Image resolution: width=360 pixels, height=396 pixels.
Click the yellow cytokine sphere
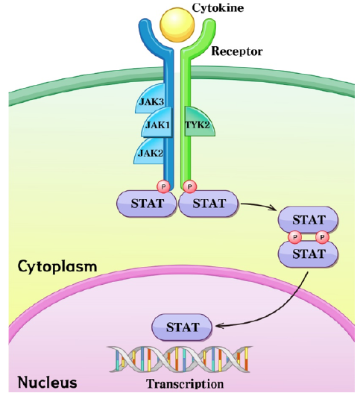click(177, 25)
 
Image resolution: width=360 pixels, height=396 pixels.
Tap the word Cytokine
click(218, 7)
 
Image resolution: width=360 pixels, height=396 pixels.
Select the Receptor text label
click(237, 51)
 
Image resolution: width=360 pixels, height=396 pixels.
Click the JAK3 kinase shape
click(151, 99)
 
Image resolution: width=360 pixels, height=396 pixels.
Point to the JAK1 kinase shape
click(157, 124)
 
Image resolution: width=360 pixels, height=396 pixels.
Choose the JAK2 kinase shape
click(150, 151)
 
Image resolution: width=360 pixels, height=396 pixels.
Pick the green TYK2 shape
click(199, 122)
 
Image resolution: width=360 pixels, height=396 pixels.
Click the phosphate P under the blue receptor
click(163, 187)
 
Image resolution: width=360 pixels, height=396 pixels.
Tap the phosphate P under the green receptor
click(190, 187)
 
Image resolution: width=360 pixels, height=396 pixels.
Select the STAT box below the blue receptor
click(147, 204)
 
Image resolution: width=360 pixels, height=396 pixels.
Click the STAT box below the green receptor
click(209, 204)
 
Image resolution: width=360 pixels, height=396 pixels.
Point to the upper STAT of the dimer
click(308, 219)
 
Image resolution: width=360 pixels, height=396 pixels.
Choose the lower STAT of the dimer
click(308, 254)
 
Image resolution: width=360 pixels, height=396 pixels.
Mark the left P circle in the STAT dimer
click(295, 237)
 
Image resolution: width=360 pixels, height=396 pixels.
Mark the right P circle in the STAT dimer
click(322, 237)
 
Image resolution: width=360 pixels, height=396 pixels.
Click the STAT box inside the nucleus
click(182, 327)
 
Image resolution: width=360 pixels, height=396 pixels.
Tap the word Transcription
click(185, 384)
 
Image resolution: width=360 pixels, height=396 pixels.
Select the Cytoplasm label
click(57, 267)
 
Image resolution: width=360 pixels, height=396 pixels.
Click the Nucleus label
click(47, 383)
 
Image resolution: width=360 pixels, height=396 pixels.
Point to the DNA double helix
click(180, 359)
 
